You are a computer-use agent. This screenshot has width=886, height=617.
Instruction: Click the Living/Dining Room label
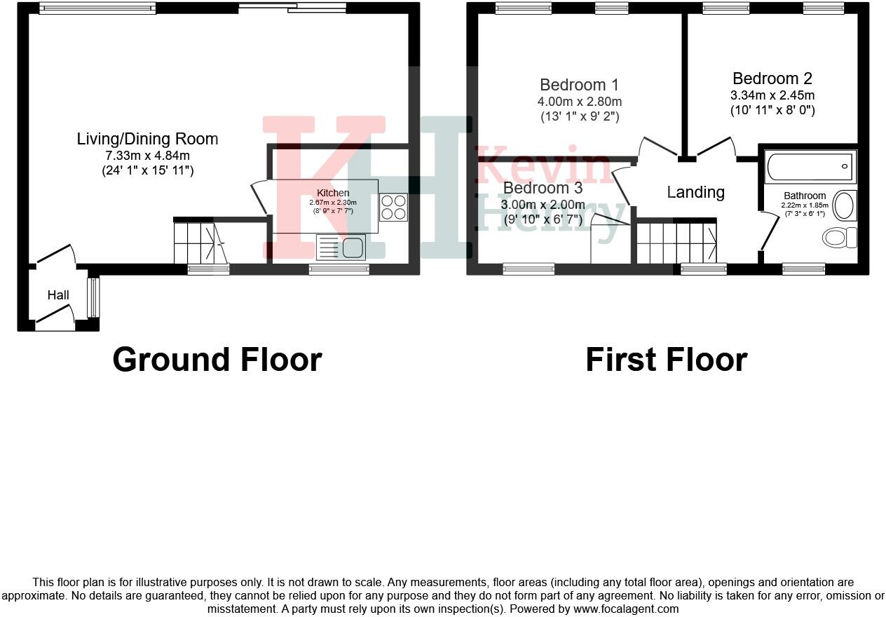(x=147, y=139)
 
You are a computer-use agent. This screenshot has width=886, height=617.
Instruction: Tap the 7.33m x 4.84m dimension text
(x=147, y=155)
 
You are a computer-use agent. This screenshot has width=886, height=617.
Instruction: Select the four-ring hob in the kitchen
(x=393, y=208)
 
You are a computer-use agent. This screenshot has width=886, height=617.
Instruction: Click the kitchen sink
(x=341, y=247)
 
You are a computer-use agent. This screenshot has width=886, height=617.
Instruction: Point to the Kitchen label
(x=332, y=193)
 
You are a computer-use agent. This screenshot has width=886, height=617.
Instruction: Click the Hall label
(x=58, y=295)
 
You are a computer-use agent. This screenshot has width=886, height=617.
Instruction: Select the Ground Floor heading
(x=217, y=360)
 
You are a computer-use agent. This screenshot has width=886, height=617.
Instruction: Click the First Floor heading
(x=666, y=360)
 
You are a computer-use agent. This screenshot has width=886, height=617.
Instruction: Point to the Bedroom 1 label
(x=579, y=85)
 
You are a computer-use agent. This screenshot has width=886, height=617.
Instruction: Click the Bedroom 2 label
(x=772, y=79)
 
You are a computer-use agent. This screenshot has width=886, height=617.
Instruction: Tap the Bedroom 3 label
(x=543, y=188)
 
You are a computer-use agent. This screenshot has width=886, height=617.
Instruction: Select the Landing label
(x=695, y=192)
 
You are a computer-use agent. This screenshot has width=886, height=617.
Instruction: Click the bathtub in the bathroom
(x=810, y=167)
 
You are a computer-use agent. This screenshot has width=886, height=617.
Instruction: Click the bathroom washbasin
(x=845, y=206)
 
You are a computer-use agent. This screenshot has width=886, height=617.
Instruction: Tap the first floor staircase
(x=676, y=242)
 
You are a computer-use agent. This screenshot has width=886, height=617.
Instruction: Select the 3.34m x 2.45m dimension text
(x=772, y=95)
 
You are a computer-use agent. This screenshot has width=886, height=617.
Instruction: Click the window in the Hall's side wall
(x=93, y=297)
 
